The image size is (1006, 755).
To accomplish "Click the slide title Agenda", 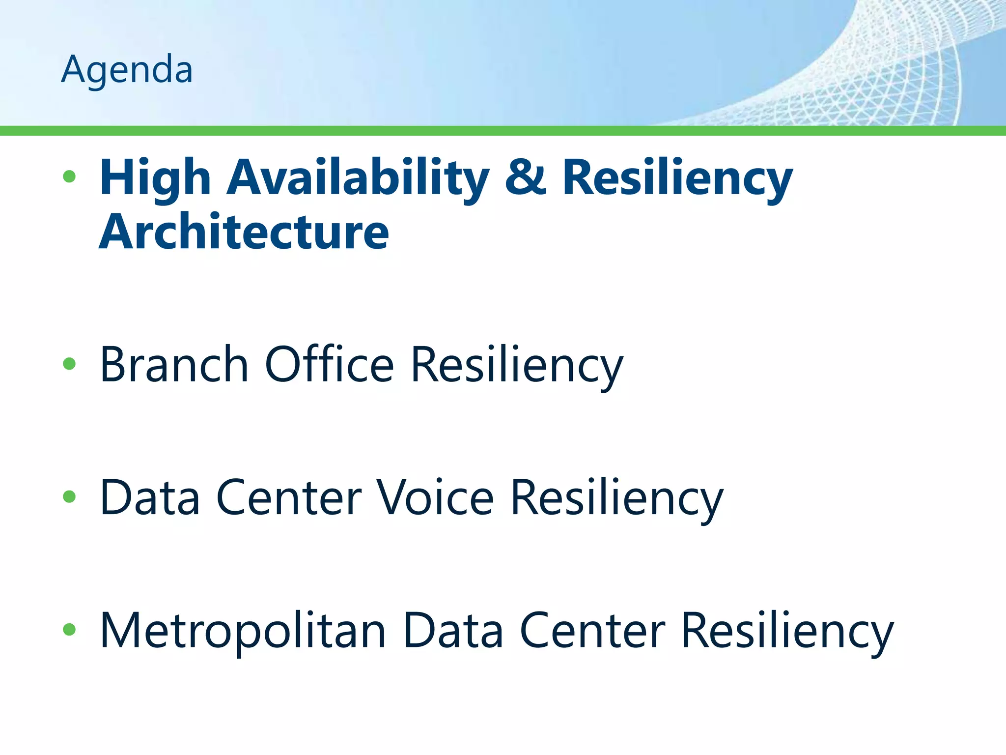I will (127, 70).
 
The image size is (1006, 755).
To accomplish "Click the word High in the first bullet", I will (155, 178).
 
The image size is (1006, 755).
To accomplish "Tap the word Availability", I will (358, 178).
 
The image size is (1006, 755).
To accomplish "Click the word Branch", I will (174, 365).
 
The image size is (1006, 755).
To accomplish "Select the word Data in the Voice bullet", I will (150, 498).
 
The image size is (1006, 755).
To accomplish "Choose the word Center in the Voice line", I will (289, 498).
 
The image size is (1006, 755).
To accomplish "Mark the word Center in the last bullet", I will (592, 631).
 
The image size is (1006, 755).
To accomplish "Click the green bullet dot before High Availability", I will (69, 176).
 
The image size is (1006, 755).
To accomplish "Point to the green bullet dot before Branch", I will (69, 364).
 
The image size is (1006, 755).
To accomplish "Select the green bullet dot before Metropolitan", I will (69, 630).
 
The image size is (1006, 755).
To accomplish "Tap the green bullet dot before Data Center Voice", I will (69, 497).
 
